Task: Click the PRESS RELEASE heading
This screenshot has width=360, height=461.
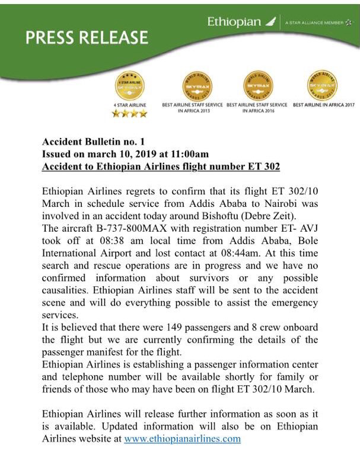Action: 87,38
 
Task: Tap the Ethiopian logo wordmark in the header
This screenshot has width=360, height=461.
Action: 234,22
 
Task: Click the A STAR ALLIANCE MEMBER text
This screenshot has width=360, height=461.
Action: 314,23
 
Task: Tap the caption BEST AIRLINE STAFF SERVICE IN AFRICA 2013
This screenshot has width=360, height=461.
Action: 193,108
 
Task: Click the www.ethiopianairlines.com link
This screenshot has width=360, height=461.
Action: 182,439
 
